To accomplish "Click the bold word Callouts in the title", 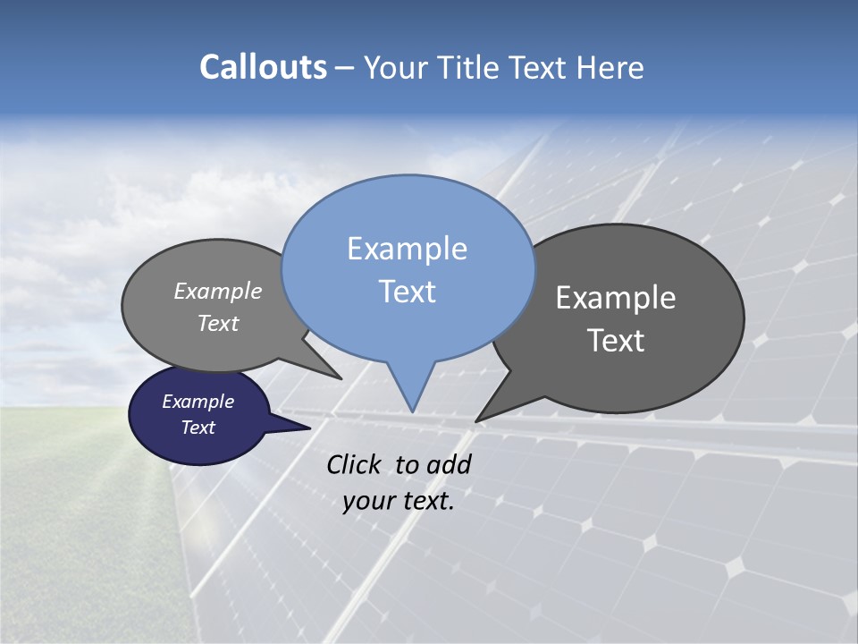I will point(263,67).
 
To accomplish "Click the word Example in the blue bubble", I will point(407,249).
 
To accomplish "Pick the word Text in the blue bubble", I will point(407,292).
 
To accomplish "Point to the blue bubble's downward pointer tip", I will point(412,411).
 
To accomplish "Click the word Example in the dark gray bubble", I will point(616,298).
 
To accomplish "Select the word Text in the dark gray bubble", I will point(616,341).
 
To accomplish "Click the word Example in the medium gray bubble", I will point(218,291).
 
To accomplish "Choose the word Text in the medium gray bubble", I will point(218,323).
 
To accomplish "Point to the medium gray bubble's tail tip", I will point(341,378).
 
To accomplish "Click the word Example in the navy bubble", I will point(198,402).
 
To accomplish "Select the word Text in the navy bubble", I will point(198,428).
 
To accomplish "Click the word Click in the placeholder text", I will point(354,464).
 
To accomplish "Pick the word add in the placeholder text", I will point(448,464).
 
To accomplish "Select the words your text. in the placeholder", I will point(399,501).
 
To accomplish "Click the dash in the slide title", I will point(345,68).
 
